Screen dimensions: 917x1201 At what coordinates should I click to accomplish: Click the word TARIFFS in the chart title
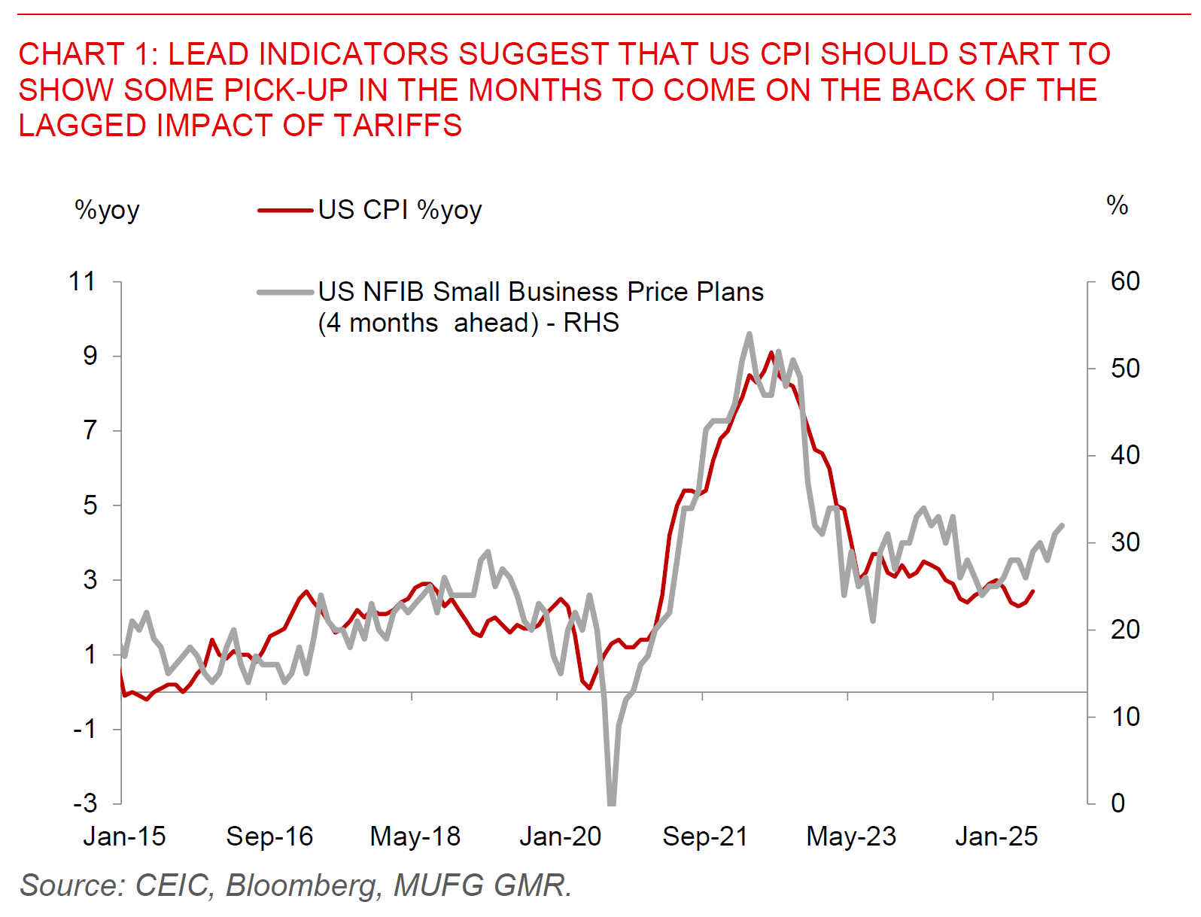click(x=399, y=126)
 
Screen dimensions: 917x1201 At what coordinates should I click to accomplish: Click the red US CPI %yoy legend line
click(x=285, y=211)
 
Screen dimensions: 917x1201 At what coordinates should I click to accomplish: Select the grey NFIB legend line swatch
click(x=285, y=292)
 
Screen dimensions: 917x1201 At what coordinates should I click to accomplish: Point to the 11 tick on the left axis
click(x=83, y=282)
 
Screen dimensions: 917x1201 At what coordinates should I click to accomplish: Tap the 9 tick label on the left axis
click(x=90, y=356)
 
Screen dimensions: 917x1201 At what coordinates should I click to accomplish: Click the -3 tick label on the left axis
click(x=86, y=803)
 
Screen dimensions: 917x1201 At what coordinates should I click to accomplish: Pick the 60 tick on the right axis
click(x=1125, y=281)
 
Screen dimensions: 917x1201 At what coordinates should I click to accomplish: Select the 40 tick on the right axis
click(x=1125, y=455)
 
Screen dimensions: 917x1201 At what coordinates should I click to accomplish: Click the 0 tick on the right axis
click(x=1118, y=803)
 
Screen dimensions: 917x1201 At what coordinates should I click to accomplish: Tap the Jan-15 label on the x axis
click(x=124, y=837)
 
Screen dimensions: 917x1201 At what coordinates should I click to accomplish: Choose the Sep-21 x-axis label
click(x=705, y=837)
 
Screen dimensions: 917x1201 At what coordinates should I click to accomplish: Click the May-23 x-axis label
click(x=851, y=837)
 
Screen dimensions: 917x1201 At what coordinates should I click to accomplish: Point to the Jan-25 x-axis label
click(x=996, y=837)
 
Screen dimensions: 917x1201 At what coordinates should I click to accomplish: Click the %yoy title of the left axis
click(x=107, y=211)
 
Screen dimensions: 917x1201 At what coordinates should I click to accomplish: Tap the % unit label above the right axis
click(x=1117, y=205)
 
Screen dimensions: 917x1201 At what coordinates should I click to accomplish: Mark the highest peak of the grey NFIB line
click(x=749, y=333)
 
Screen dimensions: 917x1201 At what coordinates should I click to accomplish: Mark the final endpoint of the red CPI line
click(x=1033, y=591)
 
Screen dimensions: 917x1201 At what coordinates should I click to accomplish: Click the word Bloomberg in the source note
click(x=302, y=885)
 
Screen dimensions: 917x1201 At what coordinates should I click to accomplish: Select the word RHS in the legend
click(x=591, y=323)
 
